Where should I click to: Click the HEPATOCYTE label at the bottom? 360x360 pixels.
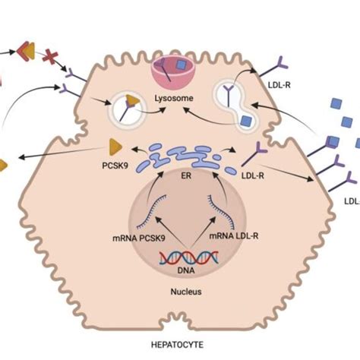pyautogui.click(x=180, y=344)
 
